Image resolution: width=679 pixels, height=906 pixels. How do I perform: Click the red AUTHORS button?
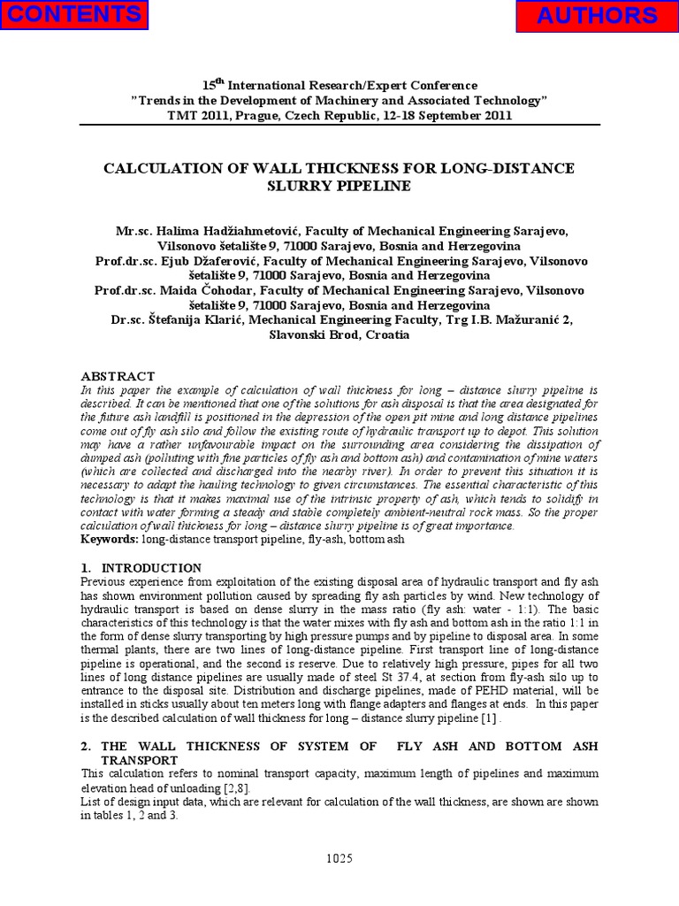(608, 16)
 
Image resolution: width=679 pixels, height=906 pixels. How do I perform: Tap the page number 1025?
(339, 857)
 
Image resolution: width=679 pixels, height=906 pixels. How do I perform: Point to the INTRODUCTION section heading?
(151, 567)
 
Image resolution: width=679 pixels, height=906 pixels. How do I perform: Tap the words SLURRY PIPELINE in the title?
(339, 186)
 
